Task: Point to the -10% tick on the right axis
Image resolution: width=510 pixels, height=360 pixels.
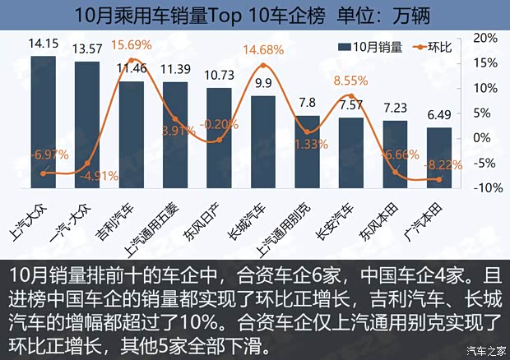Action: (484, 187)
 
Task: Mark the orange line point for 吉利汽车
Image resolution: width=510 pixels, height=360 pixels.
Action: (131, 38)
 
